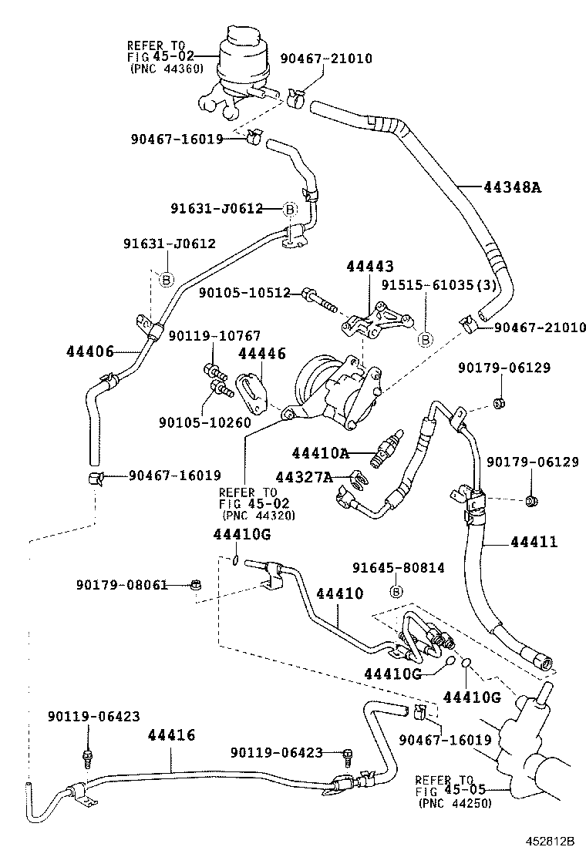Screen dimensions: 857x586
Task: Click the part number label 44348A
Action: pyautogui.click(x=511, y=187)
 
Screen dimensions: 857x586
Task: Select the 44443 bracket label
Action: pyautogui.click(x=369, y=267)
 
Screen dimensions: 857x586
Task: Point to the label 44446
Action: pyautogui.click(x=261, y=354)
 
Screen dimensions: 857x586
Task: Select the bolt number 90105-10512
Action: pyautogui.click(x=244, y=293)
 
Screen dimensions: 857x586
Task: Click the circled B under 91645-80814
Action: pyautogui.click(x=396, y=591)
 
